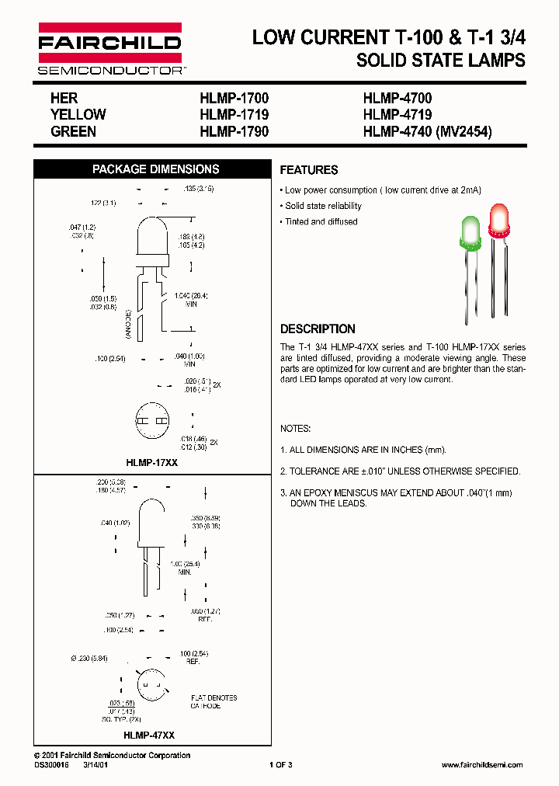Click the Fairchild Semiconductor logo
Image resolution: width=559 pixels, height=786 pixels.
pyautogui.click(x=109, y=49)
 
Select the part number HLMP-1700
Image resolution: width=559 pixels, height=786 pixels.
pyautogui.click(x=234, y=99)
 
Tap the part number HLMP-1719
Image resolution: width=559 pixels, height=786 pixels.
pyautogui.click(x=234, y=115)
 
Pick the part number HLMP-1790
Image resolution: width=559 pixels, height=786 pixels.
pyautogui.click(x=234, y=131)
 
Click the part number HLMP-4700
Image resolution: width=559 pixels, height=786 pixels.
pyautogui.click(x=397, y=99)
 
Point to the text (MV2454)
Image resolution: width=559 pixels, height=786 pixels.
pyautogui.click(x=464, y=131)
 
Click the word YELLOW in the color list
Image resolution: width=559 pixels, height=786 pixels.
pyautogui.click(x=78, y=115)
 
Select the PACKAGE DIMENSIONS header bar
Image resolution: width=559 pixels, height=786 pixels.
pyautogui.click(x=155, y=169)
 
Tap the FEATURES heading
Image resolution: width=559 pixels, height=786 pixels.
pyautogui.click(x=308, y=170)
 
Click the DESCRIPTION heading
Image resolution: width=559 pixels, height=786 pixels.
pyautogui.click(x=318, y=329)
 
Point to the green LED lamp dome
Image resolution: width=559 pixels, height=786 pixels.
pyautogui.click(x=470, y=231)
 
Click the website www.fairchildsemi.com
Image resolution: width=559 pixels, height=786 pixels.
pyautogui.click(x=481, y=765)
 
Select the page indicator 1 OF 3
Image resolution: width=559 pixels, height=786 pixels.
pyautogui.click(x=280, y=765)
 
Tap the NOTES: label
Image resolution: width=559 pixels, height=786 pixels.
pyautogui.click(x=296, y=429)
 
